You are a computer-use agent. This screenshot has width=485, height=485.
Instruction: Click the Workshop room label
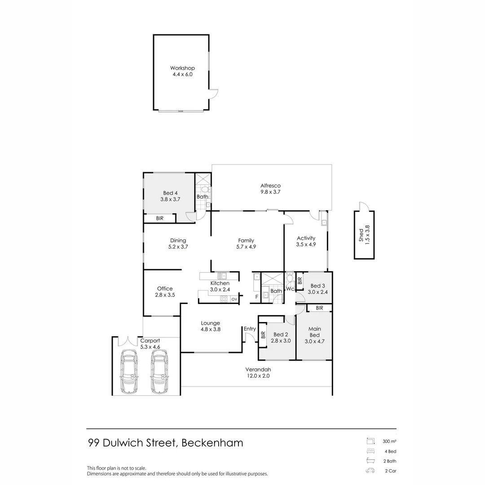[x=182, y=71]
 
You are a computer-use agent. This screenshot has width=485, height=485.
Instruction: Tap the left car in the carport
[x=130, y=371]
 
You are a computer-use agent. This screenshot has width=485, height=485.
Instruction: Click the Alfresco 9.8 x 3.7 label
[x=270, y=189]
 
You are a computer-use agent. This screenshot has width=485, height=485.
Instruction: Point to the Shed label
[x=364, y=234]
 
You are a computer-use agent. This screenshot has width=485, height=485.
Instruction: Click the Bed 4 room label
[x=170, y=196]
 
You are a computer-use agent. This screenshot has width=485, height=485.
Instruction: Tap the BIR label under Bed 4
[x=159, y=218]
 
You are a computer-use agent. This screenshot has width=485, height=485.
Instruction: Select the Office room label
[x=165, y=292]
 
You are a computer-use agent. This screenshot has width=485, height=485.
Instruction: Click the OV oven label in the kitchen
[x=234, y=299]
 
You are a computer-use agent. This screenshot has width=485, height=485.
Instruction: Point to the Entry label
[x=250, y=329]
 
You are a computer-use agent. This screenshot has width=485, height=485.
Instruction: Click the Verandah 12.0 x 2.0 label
[x=257, y=373]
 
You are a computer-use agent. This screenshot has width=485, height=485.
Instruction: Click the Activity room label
[x=306, y=241]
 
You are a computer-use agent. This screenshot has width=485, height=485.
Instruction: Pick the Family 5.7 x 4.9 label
[x=246, y=243]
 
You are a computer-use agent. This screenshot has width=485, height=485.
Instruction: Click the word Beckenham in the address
[x=212, y=443]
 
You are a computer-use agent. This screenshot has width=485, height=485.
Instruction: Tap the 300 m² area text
[x=389, y=442]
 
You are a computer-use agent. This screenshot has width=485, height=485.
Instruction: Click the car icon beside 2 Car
[x=370, y=471]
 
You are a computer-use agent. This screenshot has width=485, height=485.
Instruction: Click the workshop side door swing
[x=213, y=94]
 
